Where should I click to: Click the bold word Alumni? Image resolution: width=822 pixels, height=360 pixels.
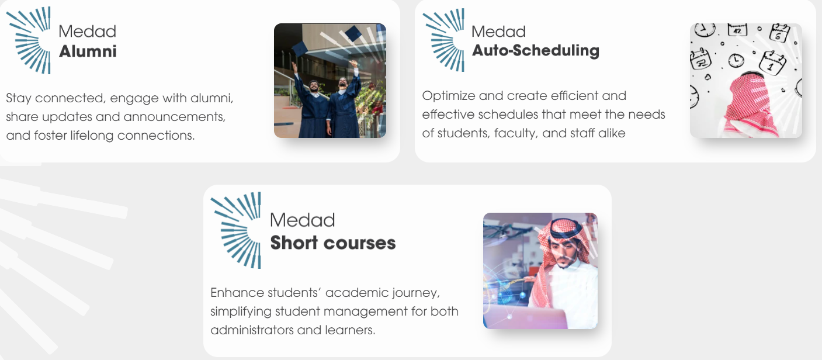click(88, 51)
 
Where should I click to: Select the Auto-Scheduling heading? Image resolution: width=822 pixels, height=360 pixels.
click(535, 51)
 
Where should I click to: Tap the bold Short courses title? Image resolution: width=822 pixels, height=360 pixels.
click(332, 243)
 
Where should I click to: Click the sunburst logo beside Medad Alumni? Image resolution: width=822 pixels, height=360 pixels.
click(33, 40)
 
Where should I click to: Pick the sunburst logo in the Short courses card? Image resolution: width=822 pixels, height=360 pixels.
click(237, 230)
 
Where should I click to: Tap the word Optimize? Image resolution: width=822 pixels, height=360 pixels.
click(447, 95)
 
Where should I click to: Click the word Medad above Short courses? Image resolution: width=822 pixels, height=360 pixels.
click(302, 220)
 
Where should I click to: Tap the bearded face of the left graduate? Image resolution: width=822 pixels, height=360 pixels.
click(314, 88)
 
